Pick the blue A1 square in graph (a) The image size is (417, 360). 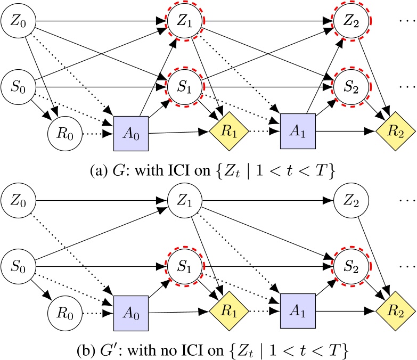[x=297, y=129]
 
